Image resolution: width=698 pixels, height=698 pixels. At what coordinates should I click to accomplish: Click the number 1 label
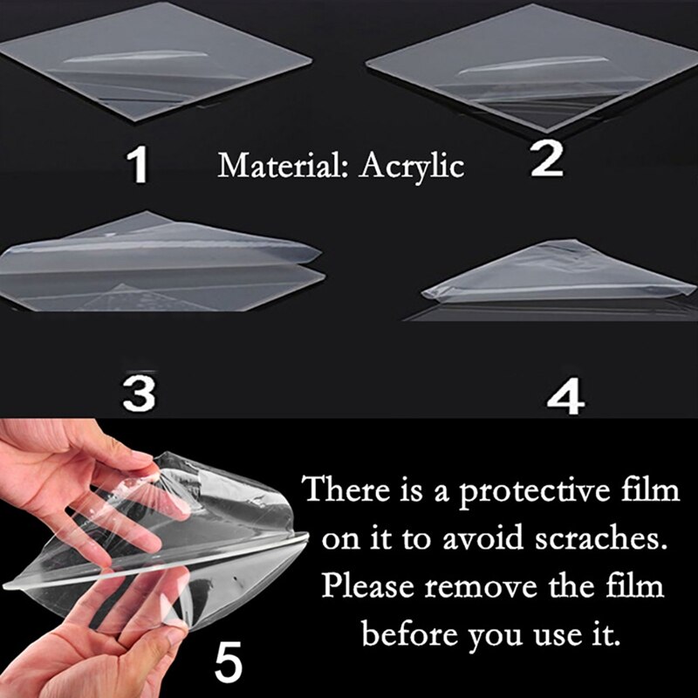tap(137, 165)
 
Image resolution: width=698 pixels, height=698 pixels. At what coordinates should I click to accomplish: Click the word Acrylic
tap(413, 165)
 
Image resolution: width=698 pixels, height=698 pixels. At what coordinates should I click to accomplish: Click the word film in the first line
tap(649, 490)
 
